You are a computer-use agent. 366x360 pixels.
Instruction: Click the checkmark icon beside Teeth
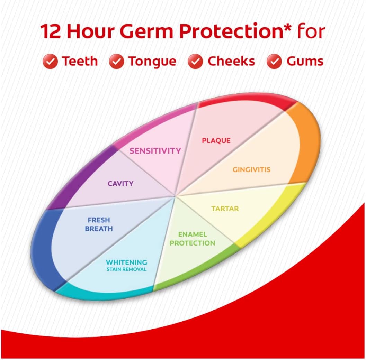[50, 61]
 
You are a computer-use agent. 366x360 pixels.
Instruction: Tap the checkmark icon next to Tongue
[116, 61]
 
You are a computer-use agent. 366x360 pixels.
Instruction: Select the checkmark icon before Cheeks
[195, 61]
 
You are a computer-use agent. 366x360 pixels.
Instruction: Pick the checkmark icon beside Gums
[274, 61]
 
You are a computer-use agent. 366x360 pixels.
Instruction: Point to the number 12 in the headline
[51, 31]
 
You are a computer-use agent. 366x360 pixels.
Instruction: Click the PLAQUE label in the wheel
[216, 141]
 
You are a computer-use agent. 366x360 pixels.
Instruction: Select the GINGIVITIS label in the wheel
[251, 169]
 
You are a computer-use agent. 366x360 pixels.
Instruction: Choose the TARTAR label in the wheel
[225, 209]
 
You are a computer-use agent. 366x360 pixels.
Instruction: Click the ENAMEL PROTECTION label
[192, 239]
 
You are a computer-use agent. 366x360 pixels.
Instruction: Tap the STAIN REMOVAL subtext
[126, 269]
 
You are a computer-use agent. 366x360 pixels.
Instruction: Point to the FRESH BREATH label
[99, 224]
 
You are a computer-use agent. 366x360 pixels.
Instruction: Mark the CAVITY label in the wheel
[120, 184]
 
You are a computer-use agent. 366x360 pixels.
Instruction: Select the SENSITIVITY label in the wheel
[155, 151]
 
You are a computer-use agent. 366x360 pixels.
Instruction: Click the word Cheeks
[231, 61]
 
